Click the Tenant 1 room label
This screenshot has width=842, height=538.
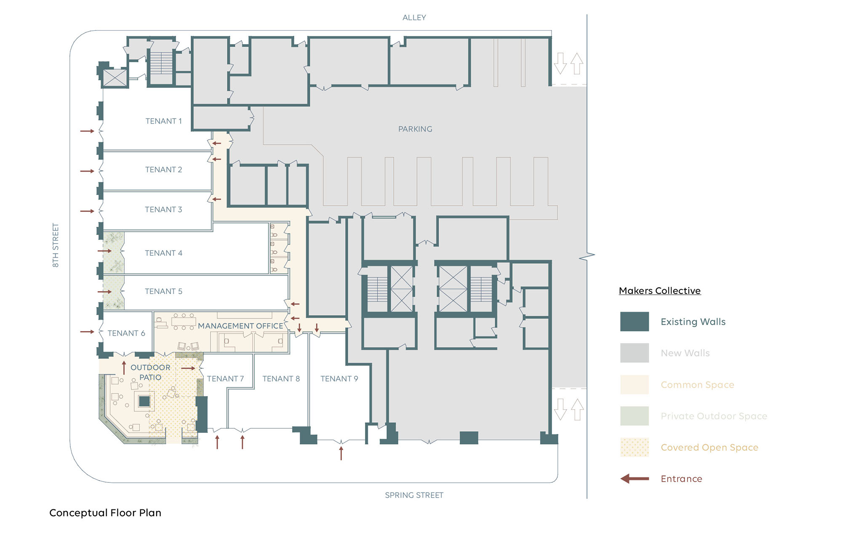[x=163, y=121]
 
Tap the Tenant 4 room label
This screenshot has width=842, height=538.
[x=163, y=253]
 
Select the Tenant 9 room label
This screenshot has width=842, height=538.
[x=339, y=379]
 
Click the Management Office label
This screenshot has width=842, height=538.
[x=240, y=326]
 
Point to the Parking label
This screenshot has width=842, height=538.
[x=415, y=129]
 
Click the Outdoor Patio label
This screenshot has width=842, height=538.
[x=150, y=372]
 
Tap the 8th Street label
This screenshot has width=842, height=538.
[x=56, y=245]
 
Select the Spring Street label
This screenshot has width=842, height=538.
[x=414, y=495]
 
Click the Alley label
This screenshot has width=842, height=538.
[x=414, y=18]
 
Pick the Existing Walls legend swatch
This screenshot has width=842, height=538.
[x=634, y=322]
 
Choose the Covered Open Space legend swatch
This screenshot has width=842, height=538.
[x=634, y=447]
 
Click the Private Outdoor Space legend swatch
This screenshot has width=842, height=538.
[x=634, y=416]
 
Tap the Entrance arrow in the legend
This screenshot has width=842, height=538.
[x=634, y=479]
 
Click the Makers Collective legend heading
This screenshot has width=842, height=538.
[x=660, y=291]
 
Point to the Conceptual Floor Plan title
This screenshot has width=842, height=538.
[x=105, y=513]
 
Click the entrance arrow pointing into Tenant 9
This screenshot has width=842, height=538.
[x=341, y=453]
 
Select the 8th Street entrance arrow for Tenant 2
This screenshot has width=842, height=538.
[x=87, y=171]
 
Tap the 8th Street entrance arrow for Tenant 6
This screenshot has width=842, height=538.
[x=87, y=332]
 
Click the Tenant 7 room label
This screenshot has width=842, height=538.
[x=225, y=379]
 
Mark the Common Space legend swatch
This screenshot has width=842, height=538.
[x=634, y=384]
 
